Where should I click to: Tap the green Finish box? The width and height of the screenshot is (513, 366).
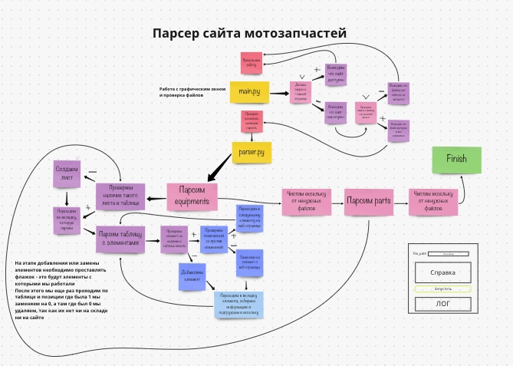[456, 159]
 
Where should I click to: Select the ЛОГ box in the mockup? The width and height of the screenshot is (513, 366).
[443, 303]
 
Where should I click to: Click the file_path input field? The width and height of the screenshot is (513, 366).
[449, 253]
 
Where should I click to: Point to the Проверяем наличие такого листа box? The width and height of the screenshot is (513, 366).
[120, 196]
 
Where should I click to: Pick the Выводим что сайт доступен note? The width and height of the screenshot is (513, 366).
[337, 74]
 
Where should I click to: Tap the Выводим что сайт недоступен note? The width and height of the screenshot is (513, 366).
[337, 111]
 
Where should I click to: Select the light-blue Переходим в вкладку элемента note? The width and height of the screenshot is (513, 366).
[238, 303]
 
